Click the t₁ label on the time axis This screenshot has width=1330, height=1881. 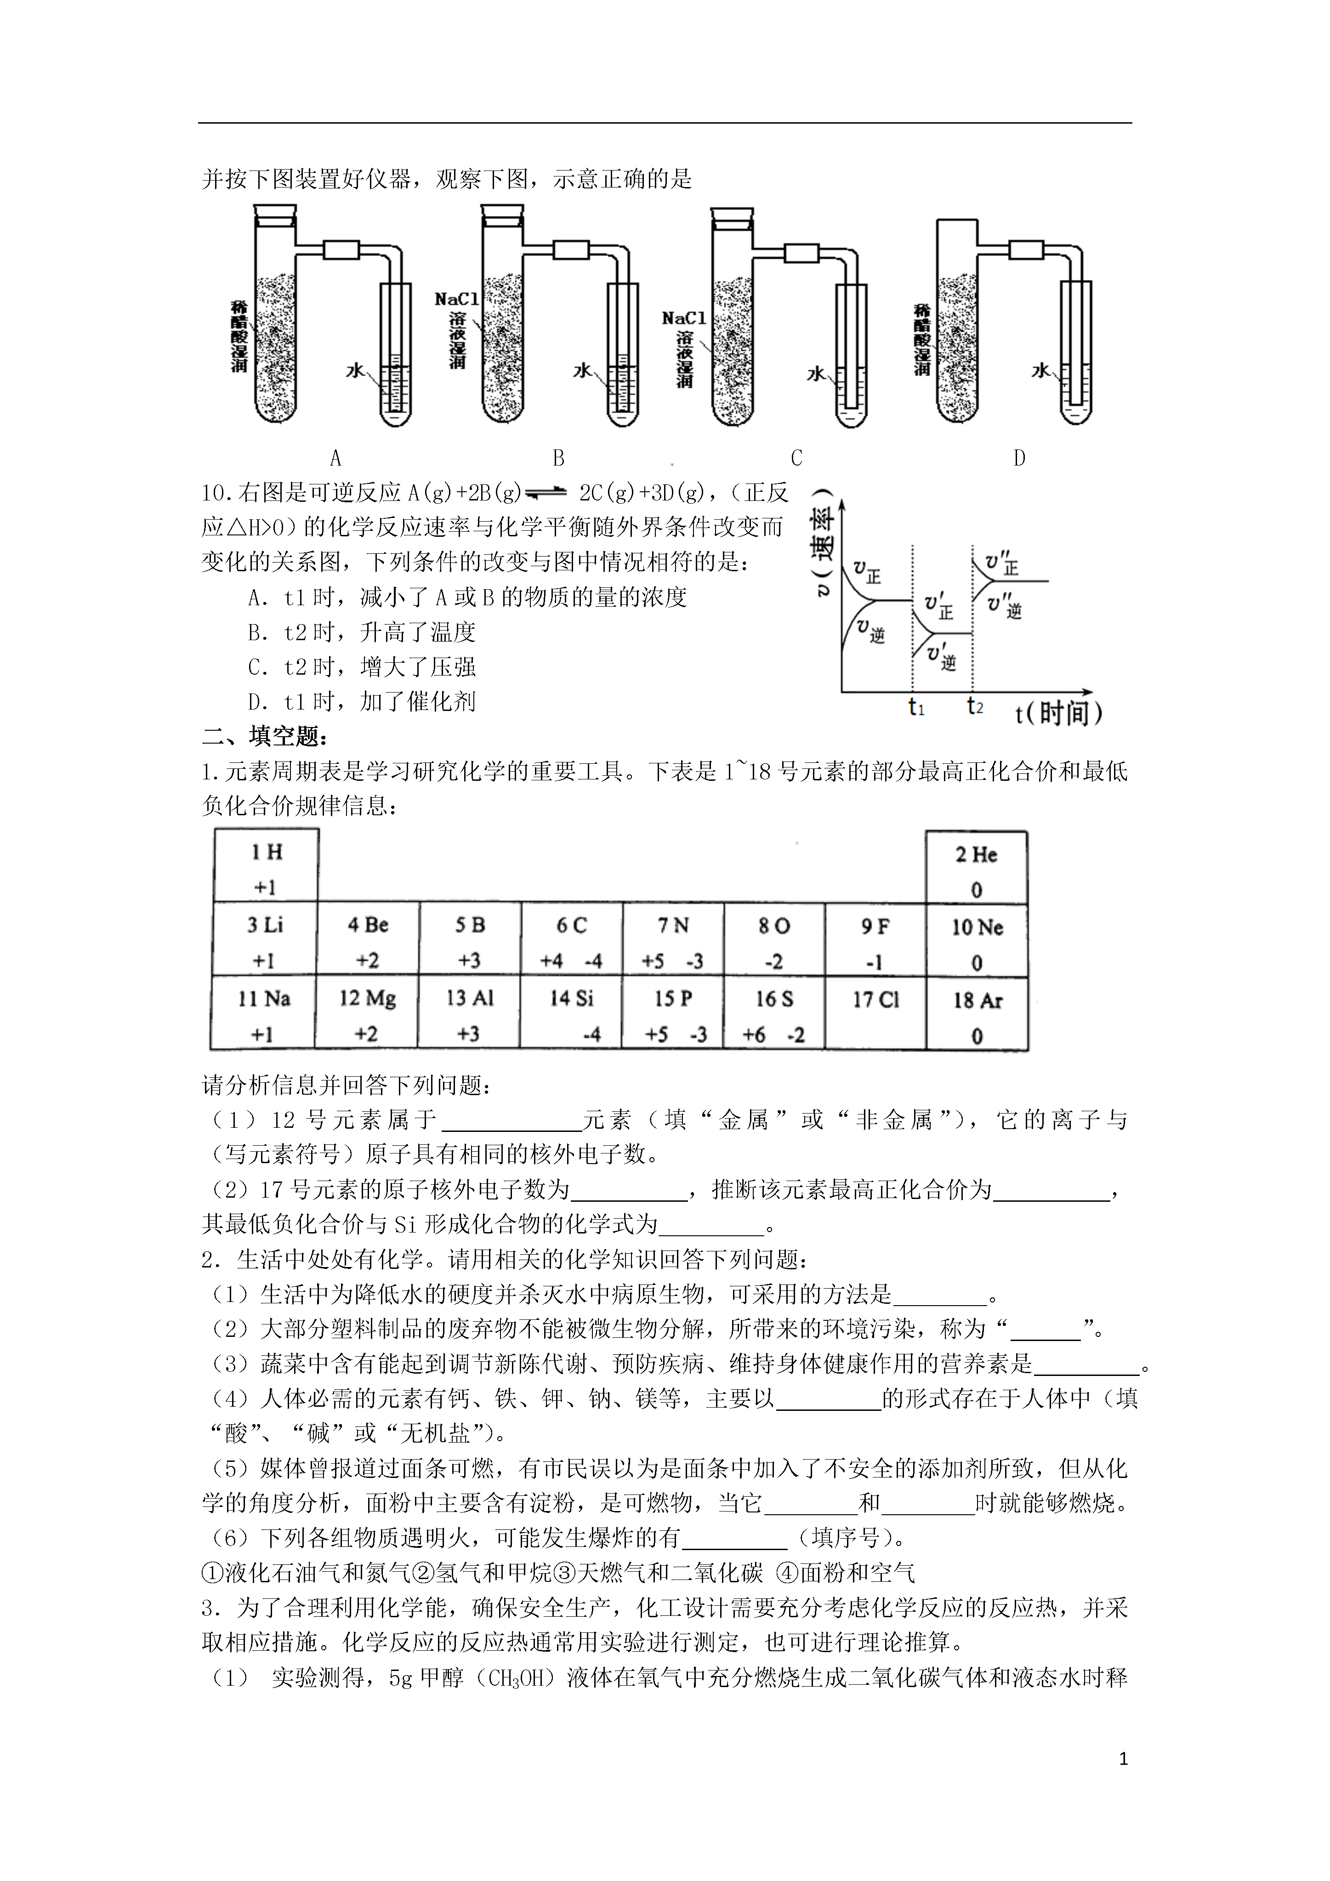pos(916,706)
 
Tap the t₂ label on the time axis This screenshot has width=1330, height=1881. pos(974,706)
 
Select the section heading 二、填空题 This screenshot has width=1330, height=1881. pos(265,737)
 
